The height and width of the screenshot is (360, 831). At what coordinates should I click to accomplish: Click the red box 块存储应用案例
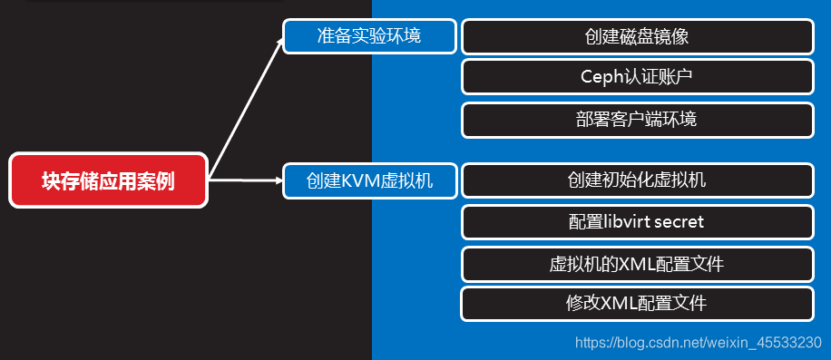pos(108,180)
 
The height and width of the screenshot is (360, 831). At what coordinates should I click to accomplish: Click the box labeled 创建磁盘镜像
pos(636,36)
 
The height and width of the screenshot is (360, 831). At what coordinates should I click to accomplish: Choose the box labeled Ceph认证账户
pos(636,76)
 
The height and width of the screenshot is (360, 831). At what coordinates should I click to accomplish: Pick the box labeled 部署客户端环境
pos(636,119)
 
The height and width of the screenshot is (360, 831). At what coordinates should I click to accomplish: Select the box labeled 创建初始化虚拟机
pos(636,180)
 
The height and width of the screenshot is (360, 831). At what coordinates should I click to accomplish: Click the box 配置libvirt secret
pos(636,221)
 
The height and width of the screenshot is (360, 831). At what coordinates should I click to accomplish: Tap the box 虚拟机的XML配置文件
pos(636,264)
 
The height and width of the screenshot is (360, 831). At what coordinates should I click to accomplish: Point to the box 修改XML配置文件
pos(636,303)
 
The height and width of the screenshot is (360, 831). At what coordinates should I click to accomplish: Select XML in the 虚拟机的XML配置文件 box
pos(635,264)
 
